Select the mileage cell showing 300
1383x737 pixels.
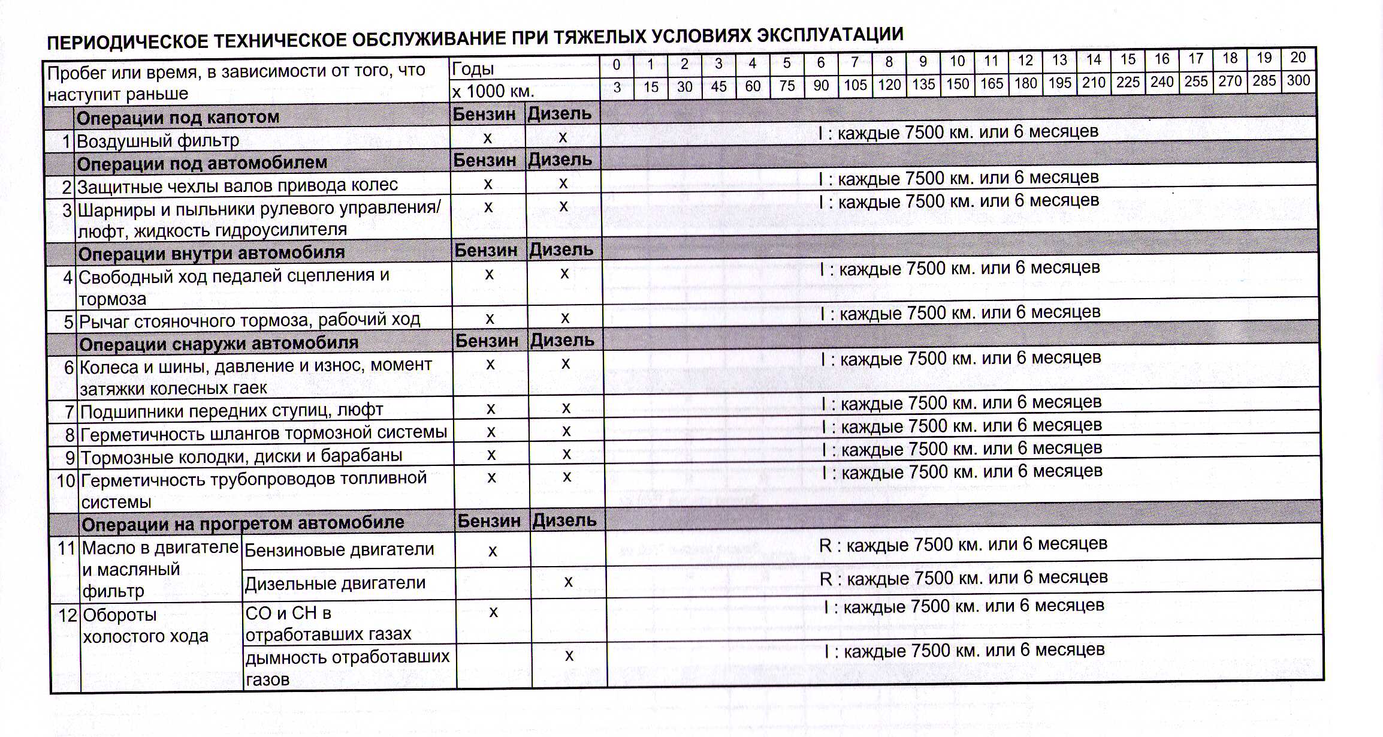pyautogui.click(x=1298, y=80)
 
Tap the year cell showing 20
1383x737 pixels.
pyautogui.click(x=1298, y=58)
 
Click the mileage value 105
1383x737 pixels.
pyautogui.click(x=855, y=85)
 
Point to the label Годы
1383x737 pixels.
pyautogui.click(x=473, y=69)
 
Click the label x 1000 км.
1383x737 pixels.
pyautogui.click(x=493, y=91)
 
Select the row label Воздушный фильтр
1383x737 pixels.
pyautogui.click(x=158, y=141)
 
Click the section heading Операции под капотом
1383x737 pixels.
pyautogui.click(x=178, y=117)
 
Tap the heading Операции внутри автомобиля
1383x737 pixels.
pyautogui.click(x=212, y=253)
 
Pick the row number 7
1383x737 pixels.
pyautogui.click(x=70, y=412)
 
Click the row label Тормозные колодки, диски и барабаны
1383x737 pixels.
pyautogui.click(x=241, y=456)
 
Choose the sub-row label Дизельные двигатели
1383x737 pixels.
pyautogui.click(x=335, y=583)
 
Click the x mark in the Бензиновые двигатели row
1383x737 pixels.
pyautogui.click(x=493, y=551)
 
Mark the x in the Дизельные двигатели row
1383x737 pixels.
pyautogui.click(x=568, y=582)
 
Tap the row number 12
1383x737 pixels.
pyautogui.click(x=68, y=615)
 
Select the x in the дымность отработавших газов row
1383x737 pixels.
pyautogui.click(x=569, y=656)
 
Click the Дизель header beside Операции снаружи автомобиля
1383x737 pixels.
pyautogui.click(x=562, y=341)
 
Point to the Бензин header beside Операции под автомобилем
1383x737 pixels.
pyautogui.click(x=484, y=161)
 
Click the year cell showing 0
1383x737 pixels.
pyautogui.click(x=616, y=65)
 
